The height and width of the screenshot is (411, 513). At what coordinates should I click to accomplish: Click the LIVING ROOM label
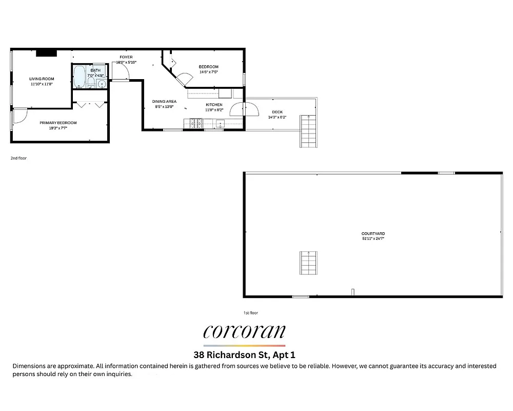[42, 79]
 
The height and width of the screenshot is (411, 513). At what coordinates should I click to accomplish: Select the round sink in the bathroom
[102, 84]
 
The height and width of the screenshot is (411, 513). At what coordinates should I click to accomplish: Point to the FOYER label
[126, 57]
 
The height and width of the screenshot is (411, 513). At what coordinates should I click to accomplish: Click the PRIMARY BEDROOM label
[58, 123]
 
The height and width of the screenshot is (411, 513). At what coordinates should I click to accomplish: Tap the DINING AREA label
[164, 102]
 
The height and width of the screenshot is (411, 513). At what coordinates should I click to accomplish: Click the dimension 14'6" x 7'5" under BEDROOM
[209, 72]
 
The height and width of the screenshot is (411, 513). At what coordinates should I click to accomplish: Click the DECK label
[277, 112]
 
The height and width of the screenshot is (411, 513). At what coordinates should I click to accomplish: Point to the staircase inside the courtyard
[308, 263]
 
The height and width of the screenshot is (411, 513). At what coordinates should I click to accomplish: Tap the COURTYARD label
[373, 234]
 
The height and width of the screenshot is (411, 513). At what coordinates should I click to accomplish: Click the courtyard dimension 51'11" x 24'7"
[373, 239]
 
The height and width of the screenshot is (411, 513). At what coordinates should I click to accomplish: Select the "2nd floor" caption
[18, 158]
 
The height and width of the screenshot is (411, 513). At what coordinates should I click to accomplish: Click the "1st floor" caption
[251, 312]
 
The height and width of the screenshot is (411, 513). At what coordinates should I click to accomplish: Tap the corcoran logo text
[244, 331]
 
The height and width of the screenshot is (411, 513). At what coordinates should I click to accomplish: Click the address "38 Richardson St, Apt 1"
[244, 354]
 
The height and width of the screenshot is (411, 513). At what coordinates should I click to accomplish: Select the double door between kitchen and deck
[245, 109]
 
